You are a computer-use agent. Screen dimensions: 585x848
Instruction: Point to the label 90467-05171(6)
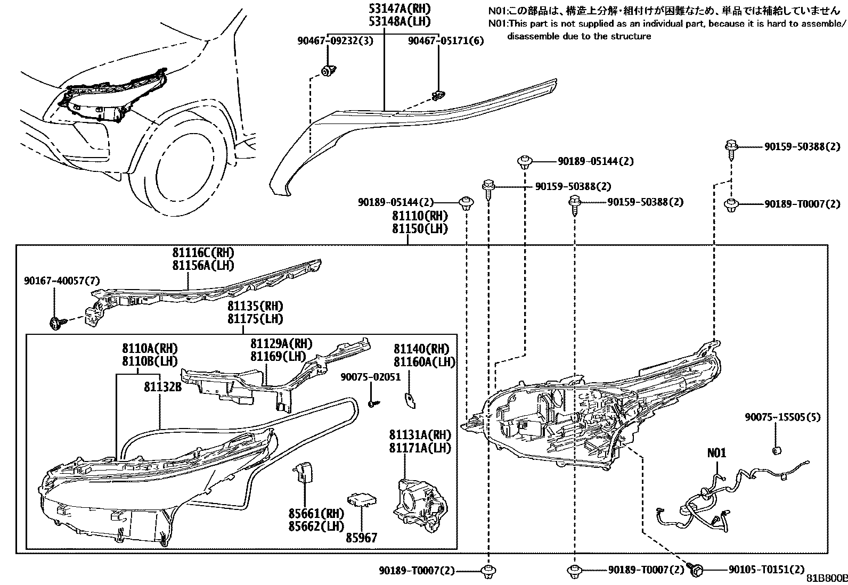click(x=446, y=40)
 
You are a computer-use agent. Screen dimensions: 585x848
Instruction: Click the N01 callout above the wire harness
click(x=716, y=453)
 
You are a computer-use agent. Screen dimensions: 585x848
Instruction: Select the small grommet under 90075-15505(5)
click(x=777, y=451)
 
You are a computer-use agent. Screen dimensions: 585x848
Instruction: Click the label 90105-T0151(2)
click(x=767, y=570)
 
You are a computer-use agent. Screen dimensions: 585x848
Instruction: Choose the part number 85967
click(x=362, y=538)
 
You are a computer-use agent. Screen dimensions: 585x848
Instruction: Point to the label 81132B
click(x=162, y=387)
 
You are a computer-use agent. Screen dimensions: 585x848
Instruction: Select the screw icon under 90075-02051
click(x=373, y=404)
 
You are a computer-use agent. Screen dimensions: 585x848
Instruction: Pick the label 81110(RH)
click(x=420, y=216)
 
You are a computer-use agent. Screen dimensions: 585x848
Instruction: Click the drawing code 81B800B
click(x=826, y=579)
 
